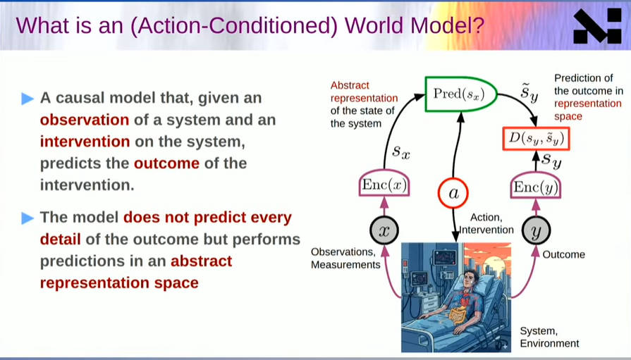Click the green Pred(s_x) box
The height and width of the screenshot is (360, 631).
point(461,94)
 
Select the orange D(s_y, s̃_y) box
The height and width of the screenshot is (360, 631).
point(537,139)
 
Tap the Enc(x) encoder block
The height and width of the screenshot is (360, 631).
point(384,185)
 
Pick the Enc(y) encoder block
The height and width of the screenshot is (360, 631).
point(536,187)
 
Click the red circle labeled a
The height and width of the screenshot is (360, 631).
point(453,193)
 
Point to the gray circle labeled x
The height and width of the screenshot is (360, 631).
point(384,230)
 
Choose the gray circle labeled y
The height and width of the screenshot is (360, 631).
point(536,230)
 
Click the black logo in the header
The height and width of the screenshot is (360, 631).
point(597,26)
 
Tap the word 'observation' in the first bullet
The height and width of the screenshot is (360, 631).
point(85,120)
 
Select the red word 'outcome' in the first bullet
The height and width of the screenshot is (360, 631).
point(166,163)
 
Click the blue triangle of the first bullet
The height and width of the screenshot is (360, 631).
point(27,99)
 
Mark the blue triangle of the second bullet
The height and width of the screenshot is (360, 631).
point(27,218)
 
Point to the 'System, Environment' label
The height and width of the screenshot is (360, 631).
point(549,337)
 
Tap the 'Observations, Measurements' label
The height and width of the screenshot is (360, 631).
point(345,259)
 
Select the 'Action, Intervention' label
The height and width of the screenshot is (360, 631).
point(487,223)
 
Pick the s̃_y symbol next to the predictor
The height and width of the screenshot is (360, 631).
point(529,92)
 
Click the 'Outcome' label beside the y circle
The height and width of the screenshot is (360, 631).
point(564,254)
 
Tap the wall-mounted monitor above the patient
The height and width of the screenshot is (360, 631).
point(445,258)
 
